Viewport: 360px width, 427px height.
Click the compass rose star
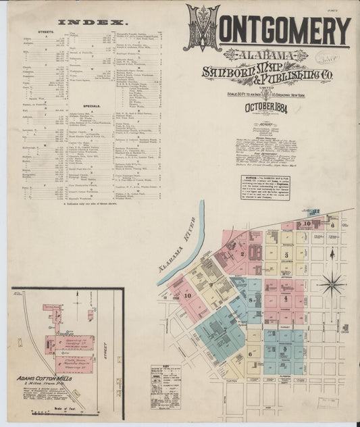pyautogui.click(x=331, y=283)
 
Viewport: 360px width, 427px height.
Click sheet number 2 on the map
pyautogui.click(x=242, y=254)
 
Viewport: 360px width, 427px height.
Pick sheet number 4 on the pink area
pyautogui.click(x=286, y=297)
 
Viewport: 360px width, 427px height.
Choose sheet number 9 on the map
pyautogui.click(x=211, y=284)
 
